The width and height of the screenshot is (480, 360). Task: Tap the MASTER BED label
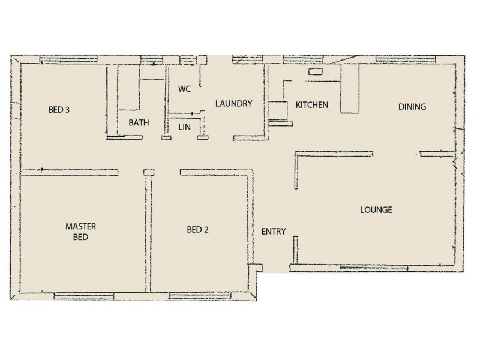(81, 232)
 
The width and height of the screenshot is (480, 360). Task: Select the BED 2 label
(198, 229)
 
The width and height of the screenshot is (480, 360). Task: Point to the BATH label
(139, 123)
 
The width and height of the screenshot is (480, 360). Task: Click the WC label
(184, 89)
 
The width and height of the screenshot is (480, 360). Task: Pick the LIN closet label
(184, 127)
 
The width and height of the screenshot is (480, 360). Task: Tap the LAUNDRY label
(233, 104)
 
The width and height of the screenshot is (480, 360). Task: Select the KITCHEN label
(311, 105)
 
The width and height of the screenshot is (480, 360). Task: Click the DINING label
(412, 107)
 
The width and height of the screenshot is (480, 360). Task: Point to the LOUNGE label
(376, 210)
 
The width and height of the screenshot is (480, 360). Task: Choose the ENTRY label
(274, 232)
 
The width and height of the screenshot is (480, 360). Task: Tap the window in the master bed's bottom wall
(83, 295)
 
